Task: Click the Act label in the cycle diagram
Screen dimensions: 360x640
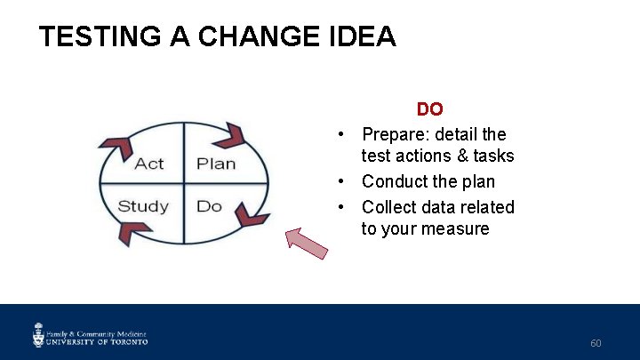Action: [148, 164]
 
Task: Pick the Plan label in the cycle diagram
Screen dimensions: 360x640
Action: [216, 164]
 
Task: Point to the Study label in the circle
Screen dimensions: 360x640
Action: [143, 206]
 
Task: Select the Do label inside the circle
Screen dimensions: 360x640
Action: [209, 206]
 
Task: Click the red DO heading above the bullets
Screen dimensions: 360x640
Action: [429, 109]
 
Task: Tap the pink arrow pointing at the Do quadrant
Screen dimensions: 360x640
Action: [306, 243]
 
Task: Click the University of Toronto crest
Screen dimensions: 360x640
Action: [38, 334]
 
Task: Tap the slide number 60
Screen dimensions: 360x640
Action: [596, 343]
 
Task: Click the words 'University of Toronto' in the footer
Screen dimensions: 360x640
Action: [98, 340]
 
